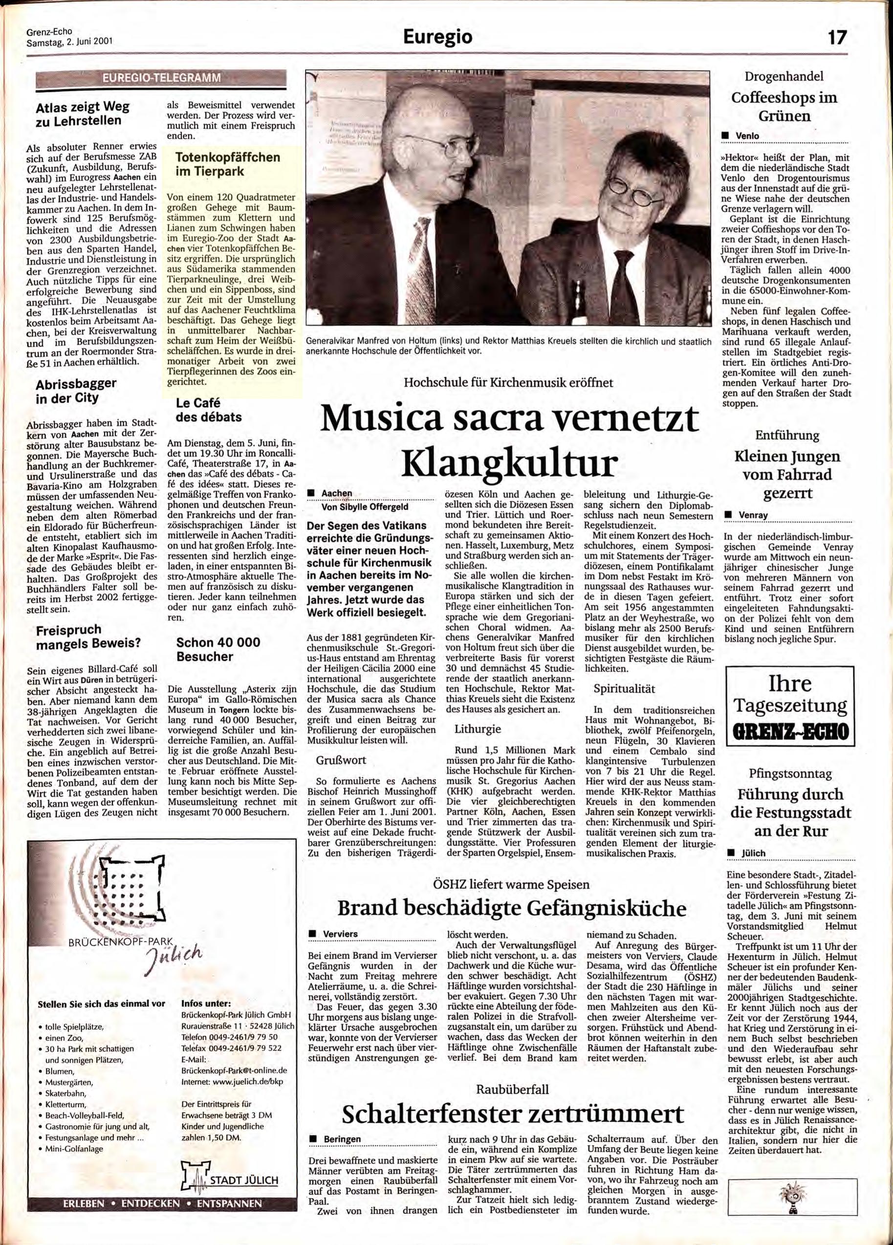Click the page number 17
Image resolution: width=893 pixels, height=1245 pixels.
coord(838,37)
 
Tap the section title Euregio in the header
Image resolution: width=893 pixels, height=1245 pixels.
coord(437,37)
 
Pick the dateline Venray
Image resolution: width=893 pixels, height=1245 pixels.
coord(753,514)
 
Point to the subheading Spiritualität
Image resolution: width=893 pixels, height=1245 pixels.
coord(624,688)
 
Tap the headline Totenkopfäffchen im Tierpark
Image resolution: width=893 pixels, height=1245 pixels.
coord(227,164)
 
